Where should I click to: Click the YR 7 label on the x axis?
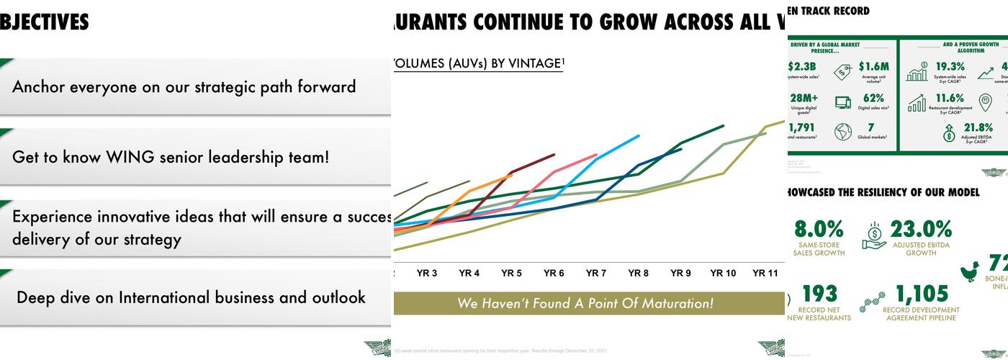point(595,274)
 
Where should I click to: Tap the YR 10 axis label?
point(723,274)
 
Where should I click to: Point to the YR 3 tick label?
point(427,274)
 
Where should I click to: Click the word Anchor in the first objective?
point(39,87)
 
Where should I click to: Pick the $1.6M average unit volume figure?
point(873,67)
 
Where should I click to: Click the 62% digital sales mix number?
point(873,98)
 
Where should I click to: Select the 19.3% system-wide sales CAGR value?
point(950,67)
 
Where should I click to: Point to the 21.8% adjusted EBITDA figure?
point(978,128)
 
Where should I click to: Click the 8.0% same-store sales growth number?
point(819,230)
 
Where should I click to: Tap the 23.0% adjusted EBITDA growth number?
point(921,230)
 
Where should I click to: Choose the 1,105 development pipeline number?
point(922,294)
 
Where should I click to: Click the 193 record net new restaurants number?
point(819,294)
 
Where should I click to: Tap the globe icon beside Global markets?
point(842,132)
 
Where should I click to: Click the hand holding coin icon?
point(874,235)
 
